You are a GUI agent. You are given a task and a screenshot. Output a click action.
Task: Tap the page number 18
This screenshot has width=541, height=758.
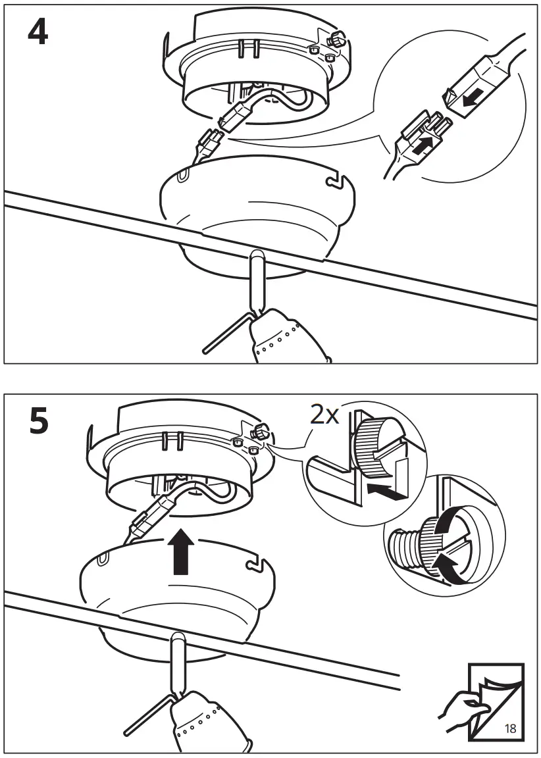tap(510, 728)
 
